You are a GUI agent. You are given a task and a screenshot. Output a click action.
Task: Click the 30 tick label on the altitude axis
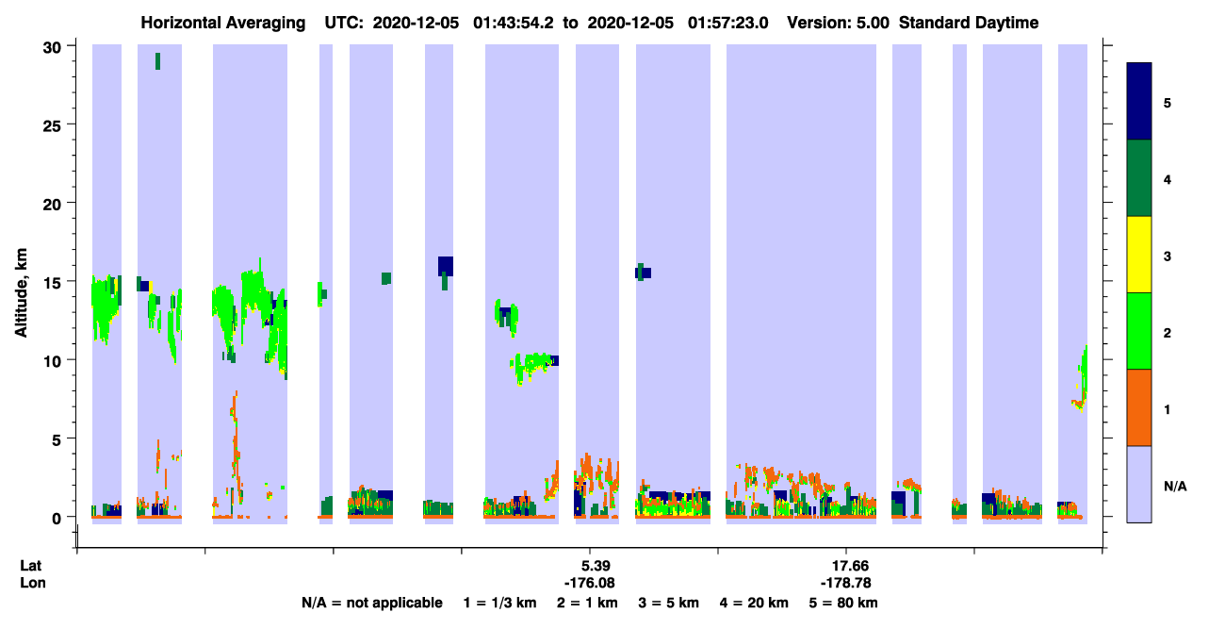[x=52, y=48]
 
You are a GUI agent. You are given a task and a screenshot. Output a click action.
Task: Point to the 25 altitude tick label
[x=52, y=126]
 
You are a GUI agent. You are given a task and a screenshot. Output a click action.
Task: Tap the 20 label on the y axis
[x=52, y=205]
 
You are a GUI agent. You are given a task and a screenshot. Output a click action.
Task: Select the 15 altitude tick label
[x=52, y=283]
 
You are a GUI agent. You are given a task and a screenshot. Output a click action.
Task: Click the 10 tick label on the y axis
[x=52, y=361]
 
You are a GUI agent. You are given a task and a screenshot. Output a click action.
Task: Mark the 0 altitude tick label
[x=57, y=519]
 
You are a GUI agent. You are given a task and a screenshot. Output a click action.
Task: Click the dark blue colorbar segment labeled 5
[x=1139, y=101]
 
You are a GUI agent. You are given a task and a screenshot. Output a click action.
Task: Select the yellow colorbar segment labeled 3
[x=1139, y=255]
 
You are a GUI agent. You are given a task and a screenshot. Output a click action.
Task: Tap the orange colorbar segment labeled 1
[x=1139, y=407]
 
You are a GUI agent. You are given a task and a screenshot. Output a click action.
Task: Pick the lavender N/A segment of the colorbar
[x=1139, y=485]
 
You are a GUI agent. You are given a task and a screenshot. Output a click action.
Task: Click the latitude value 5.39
[x=596, y=566]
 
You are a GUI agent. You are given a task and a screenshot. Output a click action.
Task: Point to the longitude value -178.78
[x=846, y=583]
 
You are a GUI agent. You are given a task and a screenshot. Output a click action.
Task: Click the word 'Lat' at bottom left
[x=30, y=566]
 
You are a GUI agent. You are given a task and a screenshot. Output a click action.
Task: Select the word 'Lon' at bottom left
[x=33, y=583]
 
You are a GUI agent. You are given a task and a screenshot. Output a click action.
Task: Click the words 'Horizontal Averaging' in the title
[x=223, y=23]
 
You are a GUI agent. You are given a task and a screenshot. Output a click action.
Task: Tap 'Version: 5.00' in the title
[x=839, y=23]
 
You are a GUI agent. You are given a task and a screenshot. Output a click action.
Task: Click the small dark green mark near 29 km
[x=158, y=61]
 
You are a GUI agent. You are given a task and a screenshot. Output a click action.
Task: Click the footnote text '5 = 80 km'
[x=843, y=603]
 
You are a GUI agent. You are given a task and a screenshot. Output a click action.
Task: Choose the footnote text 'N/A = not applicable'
[x=372, y=603]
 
